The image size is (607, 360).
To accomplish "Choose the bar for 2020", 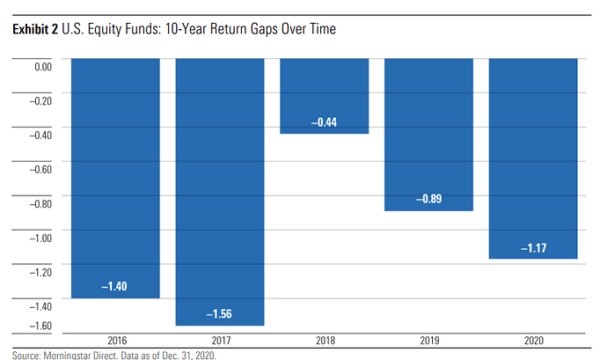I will [533, 158].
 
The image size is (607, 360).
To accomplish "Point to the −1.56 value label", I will [220, 314].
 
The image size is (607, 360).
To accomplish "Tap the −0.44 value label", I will [324, 122].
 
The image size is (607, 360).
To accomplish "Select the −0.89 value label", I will [428, 200].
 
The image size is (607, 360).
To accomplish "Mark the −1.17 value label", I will [533, 248].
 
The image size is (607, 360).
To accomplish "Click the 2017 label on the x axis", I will [220, 340].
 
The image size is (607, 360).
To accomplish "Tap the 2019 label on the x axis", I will [428, 340].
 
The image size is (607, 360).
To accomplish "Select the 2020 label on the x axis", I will [533, 340].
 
